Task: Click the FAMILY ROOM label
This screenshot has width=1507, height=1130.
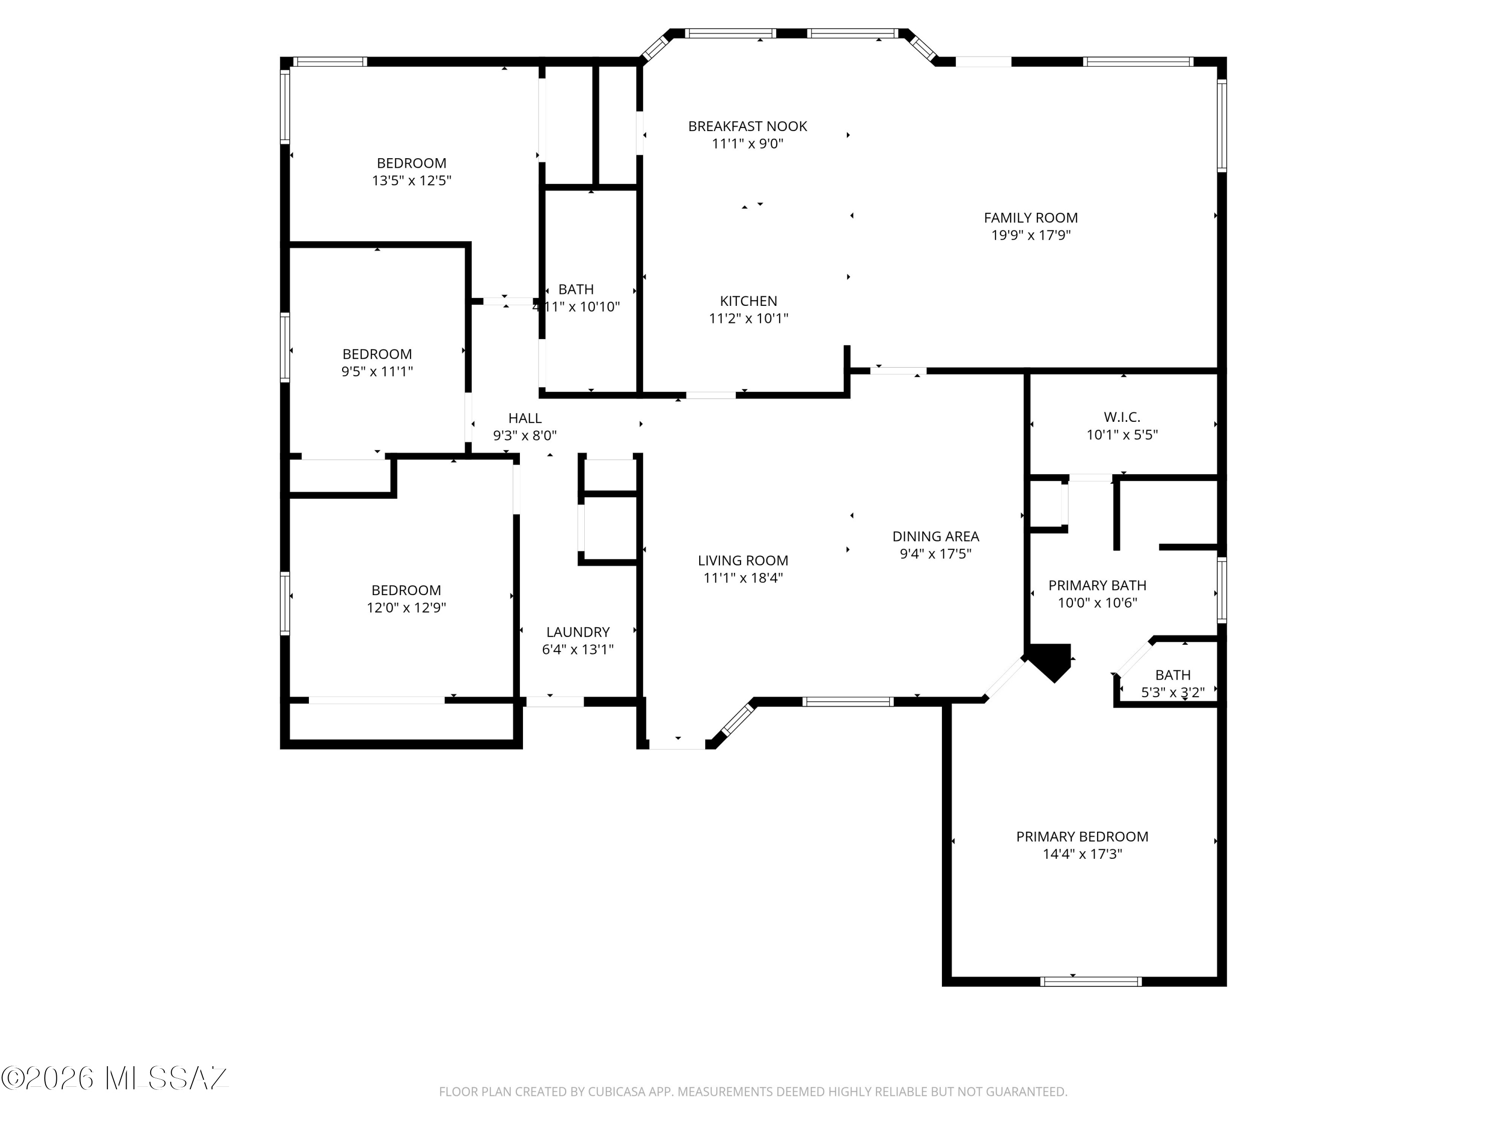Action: [1031, 218]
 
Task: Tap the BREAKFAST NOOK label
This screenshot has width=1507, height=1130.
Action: [747, 126]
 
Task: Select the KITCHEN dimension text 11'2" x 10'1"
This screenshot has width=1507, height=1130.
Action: [748, 318]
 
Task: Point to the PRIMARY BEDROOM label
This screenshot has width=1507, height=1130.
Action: [1082, 836]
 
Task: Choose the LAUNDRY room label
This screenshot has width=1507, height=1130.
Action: [578, 632]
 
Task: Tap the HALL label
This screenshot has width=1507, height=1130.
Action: [524, 418]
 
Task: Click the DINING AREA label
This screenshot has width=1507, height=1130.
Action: [935, 536]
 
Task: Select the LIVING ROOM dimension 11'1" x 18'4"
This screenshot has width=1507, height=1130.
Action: [742, 578]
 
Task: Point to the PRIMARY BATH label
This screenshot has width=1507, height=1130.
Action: [1097, 585]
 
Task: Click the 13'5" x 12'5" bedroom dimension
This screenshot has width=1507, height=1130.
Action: [411, 180]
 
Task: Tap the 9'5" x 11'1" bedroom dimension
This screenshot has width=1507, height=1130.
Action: [377, 371]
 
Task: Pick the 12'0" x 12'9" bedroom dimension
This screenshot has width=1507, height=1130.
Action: [406, 608]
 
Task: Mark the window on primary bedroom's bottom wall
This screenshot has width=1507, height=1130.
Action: [1091, 981]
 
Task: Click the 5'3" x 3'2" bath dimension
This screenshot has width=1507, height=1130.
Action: [1172, 692]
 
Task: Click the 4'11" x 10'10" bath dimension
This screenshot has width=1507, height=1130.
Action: [576, 306]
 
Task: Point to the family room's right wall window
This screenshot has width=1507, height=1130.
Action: [1222, 126]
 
